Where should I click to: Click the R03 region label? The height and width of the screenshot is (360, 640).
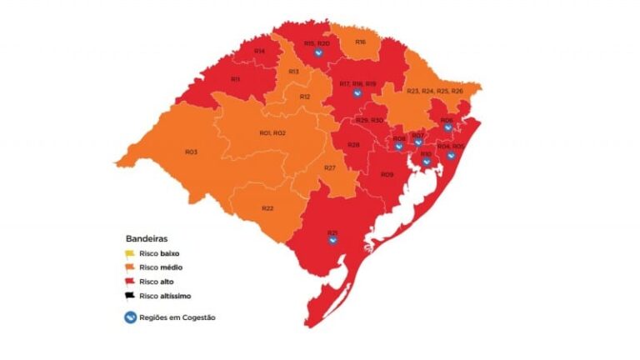point(191,152)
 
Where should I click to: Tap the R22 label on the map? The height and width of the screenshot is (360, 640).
point(267,207)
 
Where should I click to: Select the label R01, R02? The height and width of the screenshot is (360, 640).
point(272,133)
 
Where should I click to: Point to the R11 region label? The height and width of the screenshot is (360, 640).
point(235,79)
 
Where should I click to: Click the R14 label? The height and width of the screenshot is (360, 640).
point(260,52)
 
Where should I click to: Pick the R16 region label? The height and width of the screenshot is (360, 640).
point(360,41)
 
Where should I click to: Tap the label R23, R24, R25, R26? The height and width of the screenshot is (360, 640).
point(434,91)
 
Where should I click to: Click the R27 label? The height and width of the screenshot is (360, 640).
point(330,168)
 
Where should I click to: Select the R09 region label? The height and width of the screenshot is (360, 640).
point(387,174)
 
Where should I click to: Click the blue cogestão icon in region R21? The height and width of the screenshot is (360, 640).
point(332,241)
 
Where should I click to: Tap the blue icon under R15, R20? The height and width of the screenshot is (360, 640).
point(317,53)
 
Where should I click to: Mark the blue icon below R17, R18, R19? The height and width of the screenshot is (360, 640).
point(357,93)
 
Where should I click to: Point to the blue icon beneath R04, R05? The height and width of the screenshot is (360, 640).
point(450,155)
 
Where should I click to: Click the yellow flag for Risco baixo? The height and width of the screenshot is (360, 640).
point(131,252)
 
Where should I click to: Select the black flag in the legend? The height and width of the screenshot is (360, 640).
point(131,295)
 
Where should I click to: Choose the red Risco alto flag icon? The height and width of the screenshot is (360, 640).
point(131,281)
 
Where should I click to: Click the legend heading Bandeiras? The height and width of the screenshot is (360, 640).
point(146,238)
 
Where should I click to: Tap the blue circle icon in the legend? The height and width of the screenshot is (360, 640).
point(131,317)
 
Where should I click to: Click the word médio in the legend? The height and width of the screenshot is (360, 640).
point(171,267)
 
